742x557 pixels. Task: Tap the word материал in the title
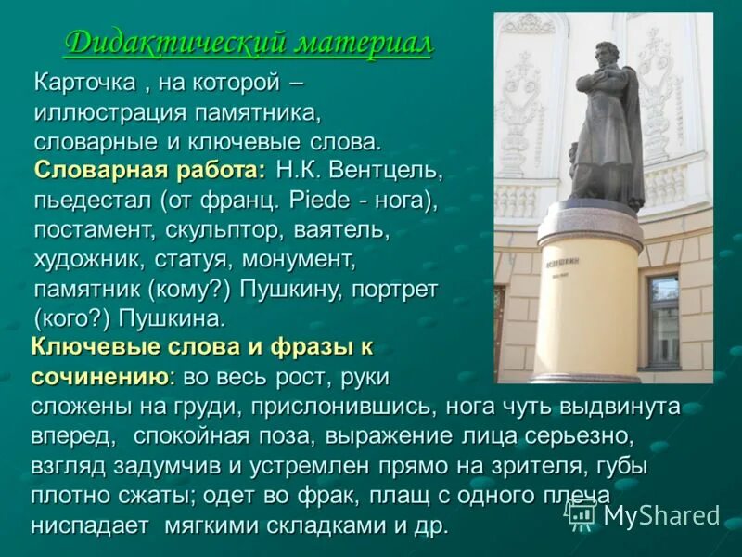(x=364, y=44)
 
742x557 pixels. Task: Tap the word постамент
(x=93, y=229)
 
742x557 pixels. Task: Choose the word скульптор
(x=227, y=229)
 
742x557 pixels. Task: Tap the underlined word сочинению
(x=100, y=378)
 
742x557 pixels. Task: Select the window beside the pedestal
(x=662, y=319)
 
